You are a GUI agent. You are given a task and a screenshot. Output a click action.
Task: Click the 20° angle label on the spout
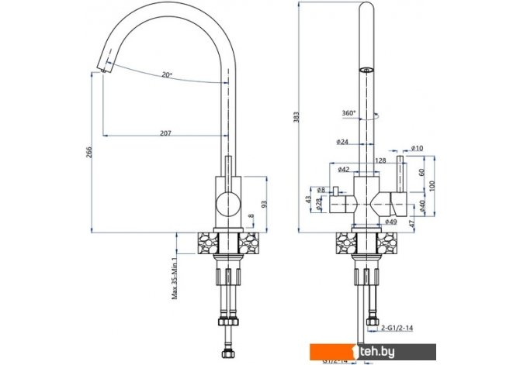166,75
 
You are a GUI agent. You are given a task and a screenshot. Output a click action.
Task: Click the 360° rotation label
348,114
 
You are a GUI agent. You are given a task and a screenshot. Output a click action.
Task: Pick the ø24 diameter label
342,143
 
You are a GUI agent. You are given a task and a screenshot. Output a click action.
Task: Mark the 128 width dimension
380,160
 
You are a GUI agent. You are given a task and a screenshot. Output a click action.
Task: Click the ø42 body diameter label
342,170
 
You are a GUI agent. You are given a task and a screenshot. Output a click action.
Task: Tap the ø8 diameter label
321,189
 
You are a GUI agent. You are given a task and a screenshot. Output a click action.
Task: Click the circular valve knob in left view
228,205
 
